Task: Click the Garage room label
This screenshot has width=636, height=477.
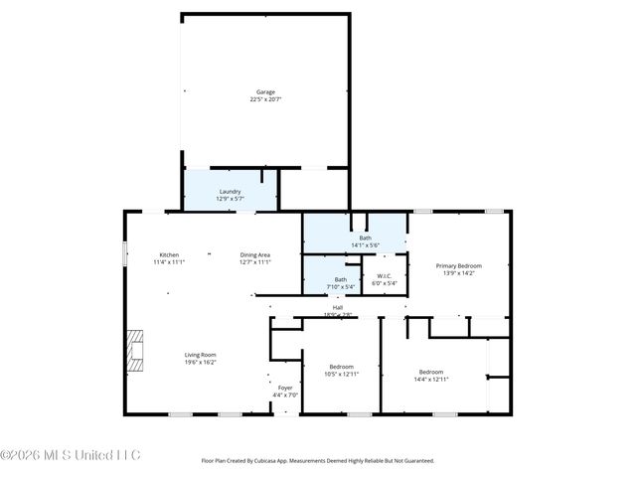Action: click(265, 92)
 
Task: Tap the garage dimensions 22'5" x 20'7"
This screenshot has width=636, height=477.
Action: click(265, 99)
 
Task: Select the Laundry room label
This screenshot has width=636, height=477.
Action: click(230, 192)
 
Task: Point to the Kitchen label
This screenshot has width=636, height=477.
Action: click(169, 255)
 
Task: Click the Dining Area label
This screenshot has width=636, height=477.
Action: click(254, 255)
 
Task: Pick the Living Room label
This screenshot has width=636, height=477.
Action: click(200, 355)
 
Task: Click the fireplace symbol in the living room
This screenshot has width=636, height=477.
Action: click(135, 351)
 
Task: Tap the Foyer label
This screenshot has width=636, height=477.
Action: click(285, 388)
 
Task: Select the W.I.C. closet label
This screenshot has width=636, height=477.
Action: click(384, 277)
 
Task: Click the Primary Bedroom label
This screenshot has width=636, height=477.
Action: click(460, 265)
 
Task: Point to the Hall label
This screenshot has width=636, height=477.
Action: click(338, 308)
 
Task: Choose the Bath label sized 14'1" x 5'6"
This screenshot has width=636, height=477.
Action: click(365, 238)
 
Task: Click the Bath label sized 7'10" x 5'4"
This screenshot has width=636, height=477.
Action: click(341, 279)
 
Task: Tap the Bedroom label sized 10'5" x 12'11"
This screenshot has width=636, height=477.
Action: click(341, 367)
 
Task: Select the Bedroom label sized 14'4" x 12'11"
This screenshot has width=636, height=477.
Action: click(430, 372)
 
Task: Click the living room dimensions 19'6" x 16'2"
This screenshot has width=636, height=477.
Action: click(200, 362)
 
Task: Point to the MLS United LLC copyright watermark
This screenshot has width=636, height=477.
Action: click(71, 455)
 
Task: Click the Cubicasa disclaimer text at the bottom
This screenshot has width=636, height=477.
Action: click(318, 460)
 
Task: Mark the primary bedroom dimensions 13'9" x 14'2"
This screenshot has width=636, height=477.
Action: click(460, 272)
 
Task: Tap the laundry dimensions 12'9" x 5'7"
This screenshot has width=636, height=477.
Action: click(230, 199)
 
